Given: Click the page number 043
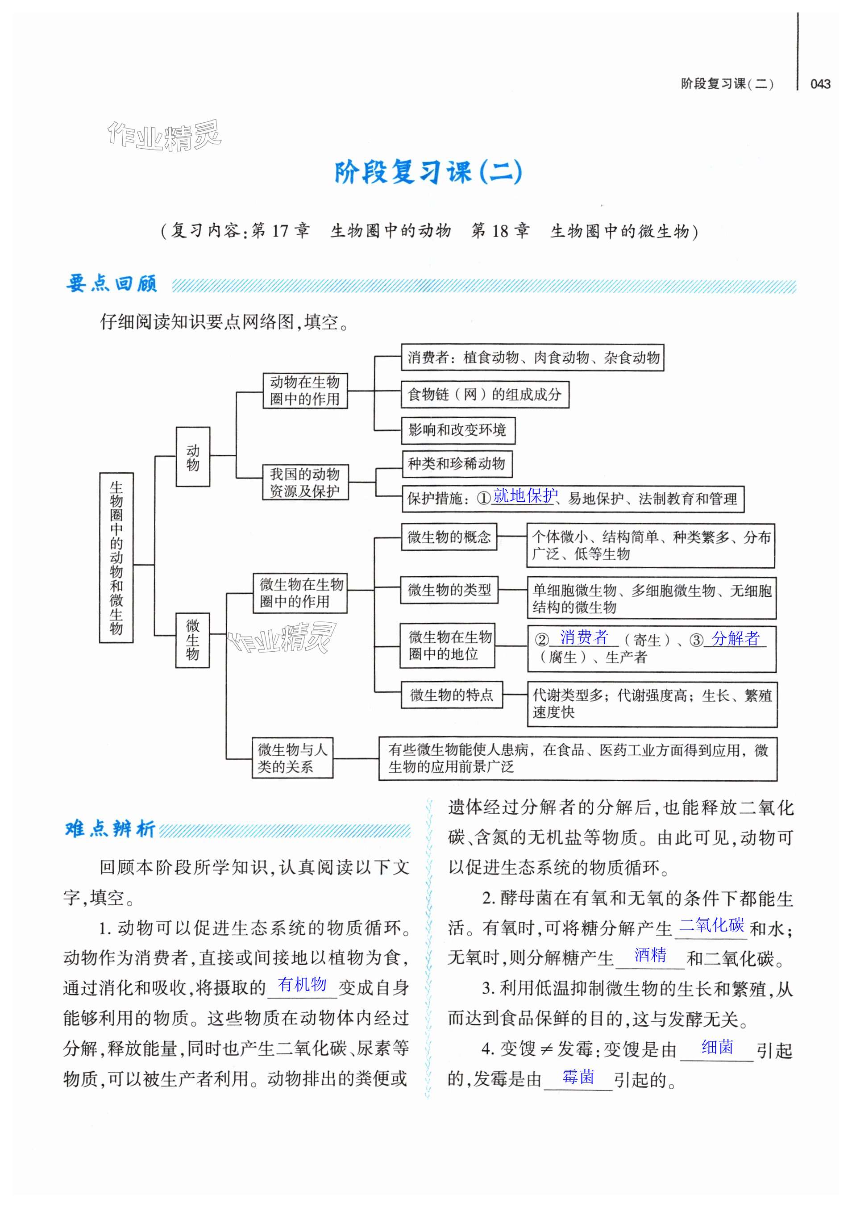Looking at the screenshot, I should [x=820, y=84].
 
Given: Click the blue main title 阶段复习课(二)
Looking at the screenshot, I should [x=428, y=172].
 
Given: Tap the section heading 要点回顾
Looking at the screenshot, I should [x=112, y=284].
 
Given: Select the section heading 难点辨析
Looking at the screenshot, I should [x=110, y=829].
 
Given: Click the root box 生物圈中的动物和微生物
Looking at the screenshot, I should [x=116, y=557].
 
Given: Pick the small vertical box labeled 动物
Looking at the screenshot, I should [x=193, y=457].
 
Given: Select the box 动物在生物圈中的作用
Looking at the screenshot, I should [x=305, y=391].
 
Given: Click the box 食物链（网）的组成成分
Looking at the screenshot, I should [x=485, y=394].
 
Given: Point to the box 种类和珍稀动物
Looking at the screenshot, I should [x=457, y=464].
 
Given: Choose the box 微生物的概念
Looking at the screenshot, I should [x=449, y=537].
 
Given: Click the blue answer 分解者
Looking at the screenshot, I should [x=736, y=639].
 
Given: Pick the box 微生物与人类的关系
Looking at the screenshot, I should [x=292, y=757].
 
